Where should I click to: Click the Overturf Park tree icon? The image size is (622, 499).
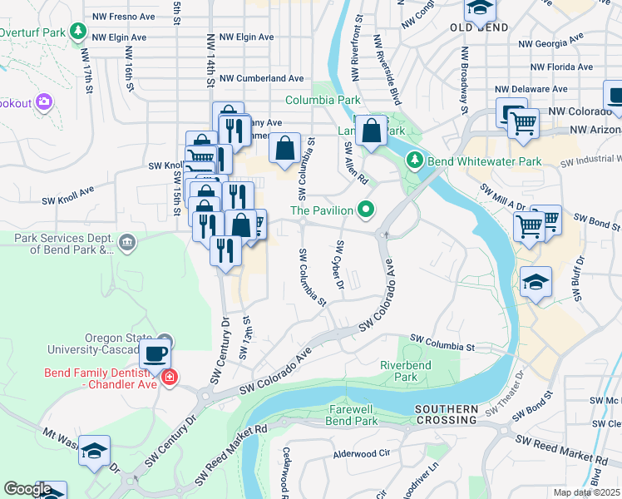[78, 32]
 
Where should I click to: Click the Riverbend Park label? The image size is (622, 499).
[405, 371]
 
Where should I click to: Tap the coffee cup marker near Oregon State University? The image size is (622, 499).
[155, 353]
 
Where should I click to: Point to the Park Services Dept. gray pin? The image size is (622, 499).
[126, 243]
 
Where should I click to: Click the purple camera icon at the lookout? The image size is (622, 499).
[43, 103]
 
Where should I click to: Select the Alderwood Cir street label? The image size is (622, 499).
[361, 455]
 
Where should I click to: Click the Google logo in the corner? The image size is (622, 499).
[27, 490]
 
